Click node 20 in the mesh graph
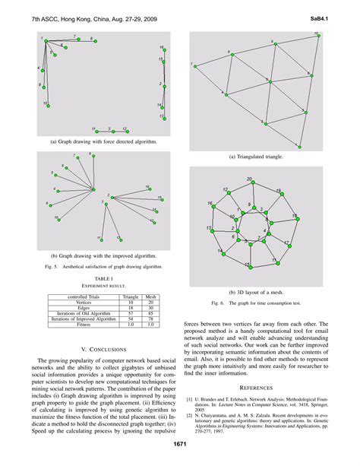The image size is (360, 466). (251, 184)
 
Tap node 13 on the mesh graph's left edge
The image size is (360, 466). (210, 230)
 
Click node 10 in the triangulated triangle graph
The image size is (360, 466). (264, 124)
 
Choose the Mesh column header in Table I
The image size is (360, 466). (150, 296)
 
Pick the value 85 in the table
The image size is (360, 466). (150, 313)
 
